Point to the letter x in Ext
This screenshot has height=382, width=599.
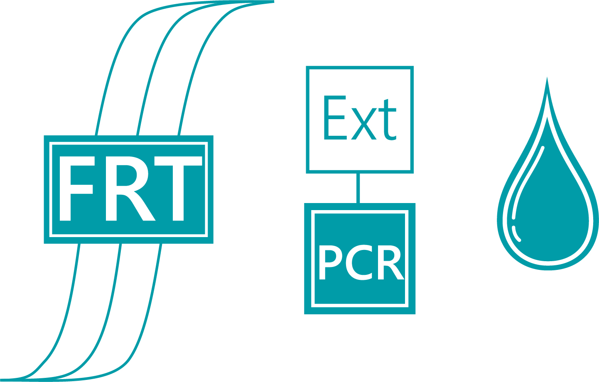364,124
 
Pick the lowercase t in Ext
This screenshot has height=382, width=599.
388,120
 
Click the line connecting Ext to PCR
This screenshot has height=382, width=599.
358,188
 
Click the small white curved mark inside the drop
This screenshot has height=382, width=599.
516,234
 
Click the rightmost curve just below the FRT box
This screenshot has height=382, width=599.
158,262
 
